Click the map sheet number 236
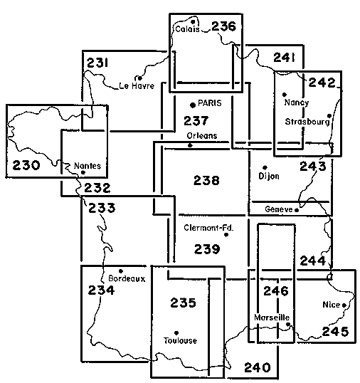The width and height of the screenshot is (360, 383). point(224,26)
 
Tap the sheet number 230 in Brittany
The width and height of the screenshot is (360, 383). point(26,165)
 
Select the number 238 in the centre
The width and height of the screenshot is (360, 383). point(206,181)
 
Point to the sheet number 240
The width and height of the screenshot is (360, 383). point(258,367)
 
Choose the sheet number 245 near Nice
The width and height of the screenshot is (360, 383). point(335,332)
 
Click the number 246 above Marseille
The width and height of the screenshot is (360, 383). point(276,291)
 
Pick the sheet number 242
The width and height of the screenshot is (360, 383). point(322,83)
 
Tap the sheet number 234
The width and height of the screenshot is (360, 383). point(101,290)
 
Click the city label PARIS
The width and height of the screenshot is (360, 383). point(210,103)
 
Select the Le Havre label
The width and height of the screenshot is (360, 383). point(137,85)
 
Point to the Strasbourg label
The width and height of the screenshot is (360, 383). point(307,122)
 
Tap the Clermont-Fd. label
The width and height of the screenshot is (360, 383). point(208,228)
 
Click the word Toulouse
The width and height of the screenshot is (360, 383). point(180,340)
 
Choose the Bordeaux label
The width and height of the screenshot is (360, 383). point(127,278)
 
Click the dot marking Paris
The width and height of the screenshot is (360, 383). point(193,105)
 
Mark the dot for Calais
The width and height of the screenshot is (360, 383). point(193,22)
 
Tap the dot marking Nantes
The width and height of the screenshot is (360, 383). point(83,172)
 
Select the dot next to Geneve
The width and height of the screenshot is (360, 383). point(297,210)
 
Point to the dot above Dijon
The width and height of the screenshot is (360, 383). point(265,167)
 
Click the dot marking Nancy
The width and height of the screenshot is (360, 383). point(285,95)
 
